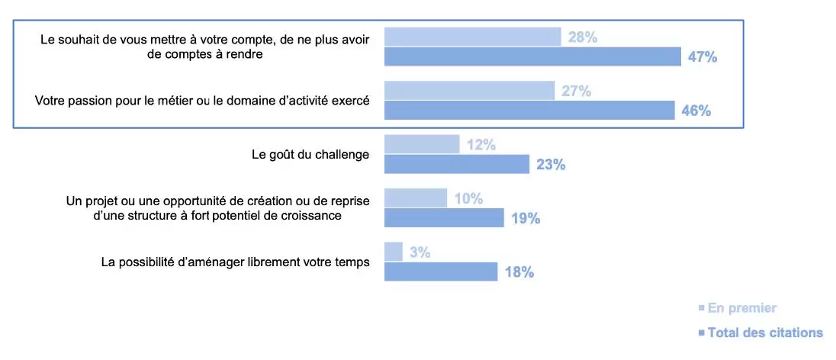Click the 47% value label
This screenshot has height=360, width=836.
click(703, 57)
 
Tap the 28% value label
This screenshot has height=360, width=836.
click(583, 37)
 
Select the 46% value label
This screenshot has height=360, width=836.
click(696, 111)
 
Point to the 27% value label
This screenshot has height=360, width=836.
click(577, 91)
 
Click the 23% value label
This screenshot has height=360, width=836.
click(551, 164)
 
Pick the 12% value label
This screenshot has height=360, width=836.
click(481, 144)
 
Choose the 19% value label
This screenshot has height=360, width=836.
click(526, 218)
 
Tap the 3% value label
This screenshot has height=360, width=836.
click(420, 252)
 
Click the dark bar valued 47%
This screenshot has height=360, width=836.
click(532, 56)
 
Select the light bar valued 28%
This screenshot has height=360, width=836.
click(472, 37)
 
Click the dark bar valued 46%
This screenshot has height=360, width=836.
click(529, 111)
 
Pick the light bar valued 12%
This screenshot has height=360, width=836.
click(422, 144)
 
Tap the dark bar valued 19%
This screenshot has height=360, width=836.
click(444, 218)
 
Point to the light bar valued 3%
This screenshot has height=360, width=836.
click(394, 252)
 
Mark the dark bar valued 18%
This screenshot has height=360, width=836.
click(441, 272)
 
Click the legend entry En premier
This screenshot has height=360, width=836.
click(741, 308)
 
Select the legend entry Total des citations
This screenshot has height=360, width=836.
click(765, 333)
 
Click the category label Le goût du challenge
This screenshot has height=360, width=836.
click(310, 154)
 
